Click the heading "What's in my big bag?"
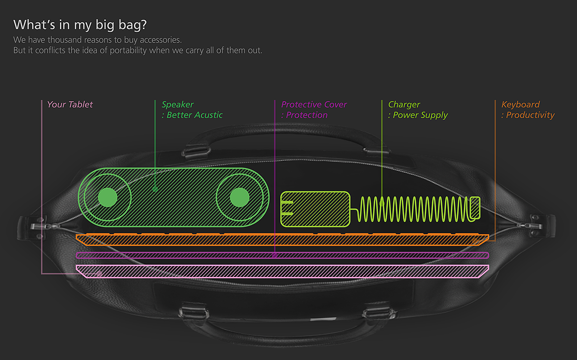80,25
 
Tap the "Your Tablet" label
70,105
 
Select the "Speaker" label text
177,105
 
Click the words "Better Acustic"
194,115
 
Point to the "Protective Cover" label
314,105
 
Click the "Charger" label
404,105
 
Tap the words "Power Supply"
420,115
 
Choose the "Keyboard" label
520,105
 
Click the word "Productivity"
530,115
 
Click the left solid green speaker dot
108,197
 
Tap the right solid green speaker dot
239,197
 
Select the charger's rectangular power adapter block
315,209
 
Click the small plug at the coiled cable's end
475,208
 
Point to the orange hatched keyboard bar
282,239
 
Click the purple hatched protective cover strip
282,255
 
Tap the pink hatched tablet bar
282,271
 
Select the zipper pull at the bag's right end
531,226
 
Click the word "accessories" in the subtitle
161,40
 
